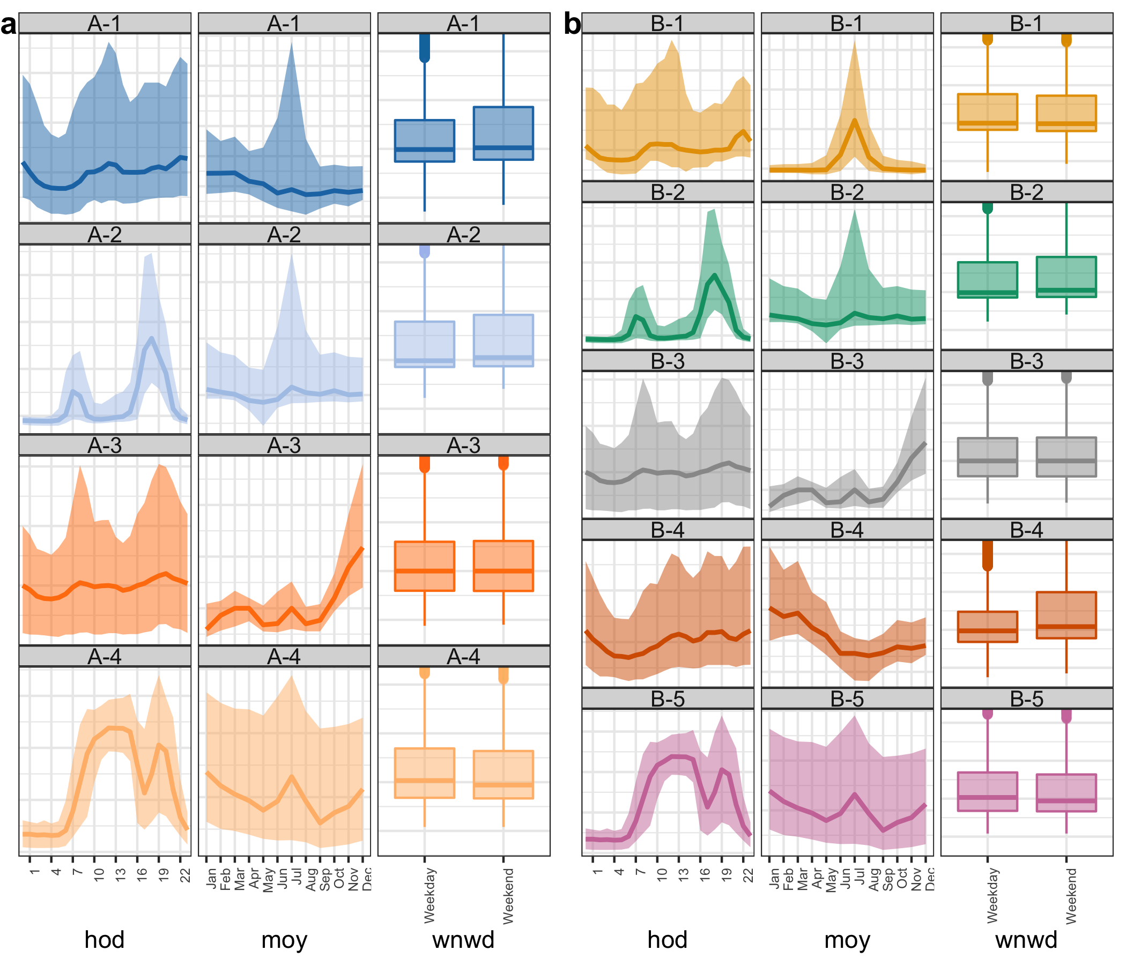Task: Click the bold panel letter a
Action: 9,25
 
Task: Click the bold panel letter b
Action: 572,25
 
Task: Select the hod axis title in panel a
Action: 105,939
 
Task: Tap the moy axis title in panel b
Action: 847,939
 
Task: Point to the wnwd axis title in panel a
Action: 463,939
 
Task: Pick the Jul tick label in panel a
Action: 297,879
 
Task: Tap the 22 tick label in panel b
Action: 749,875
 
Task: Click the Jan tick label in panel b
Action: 774,879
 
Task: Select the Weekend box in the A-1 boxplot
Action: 503,133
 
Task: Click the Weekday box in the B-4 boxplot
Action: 987,627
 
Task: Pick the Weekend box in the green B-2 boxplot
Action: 1066,277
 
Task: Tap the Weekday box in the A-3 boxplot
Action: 425,566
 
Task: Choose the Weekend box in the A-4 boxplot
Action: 503,774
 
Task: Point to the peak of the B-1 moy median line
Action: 854,121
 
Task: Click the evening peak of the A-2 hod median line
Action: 152,338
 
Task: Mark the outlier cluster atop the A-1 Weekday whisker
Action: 425,48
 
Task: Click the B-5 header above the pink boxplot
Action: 1027,699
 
